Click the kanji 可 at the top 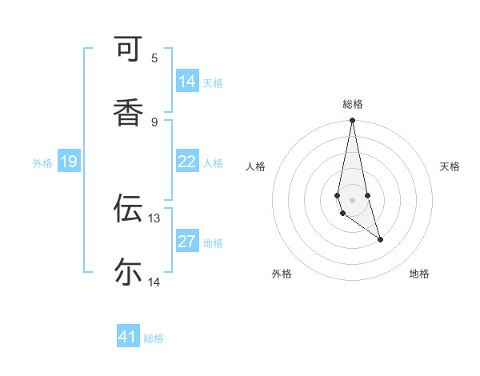129,50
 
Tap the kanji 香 129,113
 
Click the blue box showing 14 187,82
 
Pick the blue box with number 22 187,162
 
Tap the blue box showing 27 187,242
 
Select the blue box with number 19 69,162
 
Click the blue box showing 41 128,337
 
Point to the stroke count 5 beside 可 154,58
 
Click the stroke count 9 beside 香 154,122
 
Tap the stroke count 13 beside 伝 154,218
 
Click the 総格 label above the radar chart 353,104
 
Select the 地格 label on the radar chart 419,274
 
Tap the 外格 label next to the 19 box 42,162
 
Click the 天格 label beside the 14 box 213,82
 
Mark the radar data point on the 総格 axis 352,121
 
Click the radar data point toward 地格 380,239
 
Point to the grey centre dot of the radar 352,200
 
